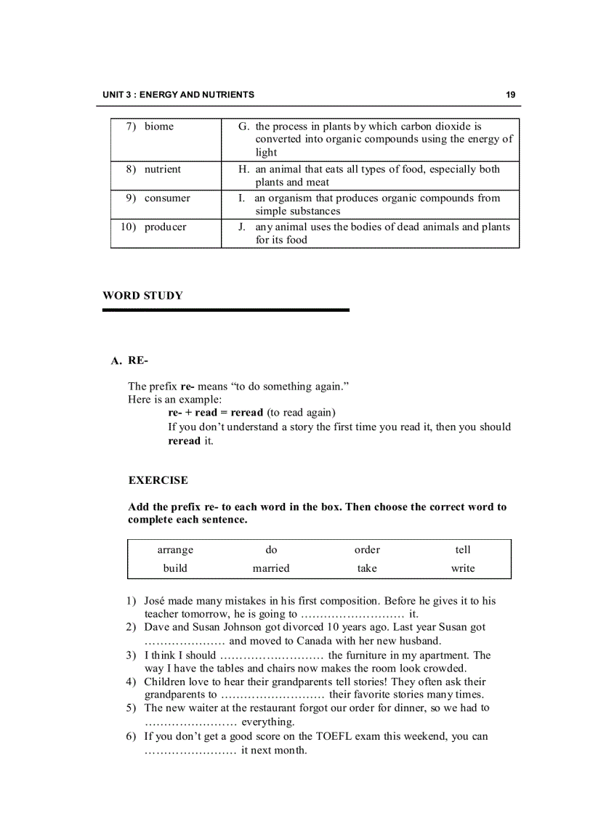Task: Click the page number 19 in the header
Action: (510, 94)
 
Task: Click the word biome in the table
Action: (158, 126)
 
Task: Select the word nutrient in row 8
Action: (162, 169)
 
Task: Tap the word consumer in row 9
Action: (167, 198)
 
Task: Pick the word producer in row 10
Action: (165, 227)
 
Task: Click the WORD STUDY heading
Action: (142, 296)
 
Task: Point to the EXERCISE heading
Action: (158, 480)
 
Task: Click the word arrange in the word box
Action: (175, 550)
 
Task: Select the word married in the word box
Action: (271, 568)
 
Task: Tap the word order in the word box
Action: (367, 550)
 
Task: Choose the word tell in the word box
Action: (463, 550)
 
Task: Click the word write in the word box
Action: (463, 568)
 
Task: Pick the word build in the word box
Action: (175, 568)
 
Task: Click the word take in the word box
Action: (367, 568)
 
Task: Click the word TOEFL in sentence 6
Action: (334, 736)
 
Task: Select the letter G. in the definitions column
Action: (244, 126)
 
